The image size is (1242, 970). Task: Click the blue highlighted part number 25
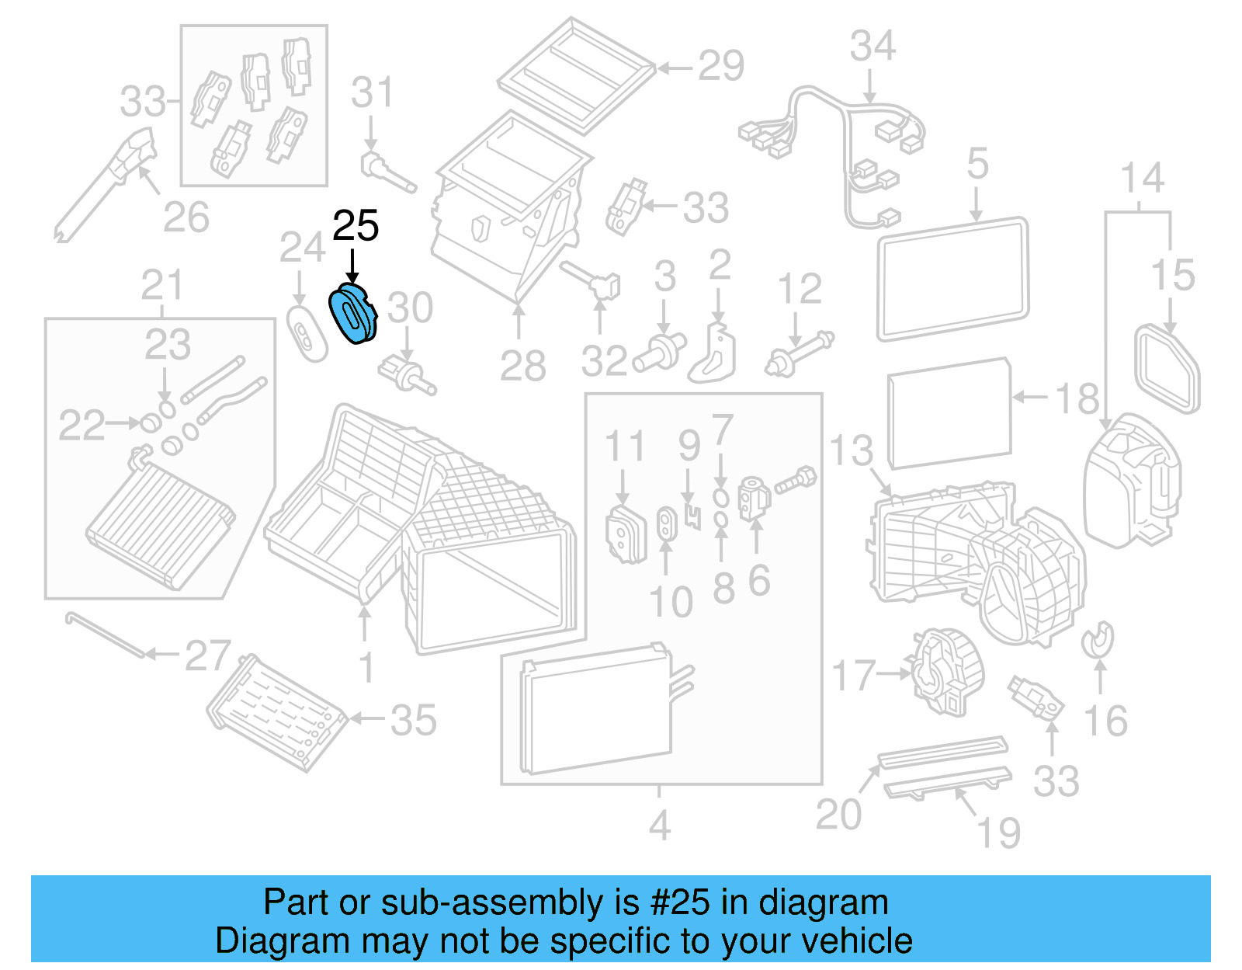point(353,315)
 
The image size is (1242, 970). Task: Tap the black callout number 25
point(356,226)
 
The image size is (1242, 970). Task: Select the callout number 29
point(720,66)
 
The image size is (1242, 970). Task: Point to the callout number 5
point(977,165)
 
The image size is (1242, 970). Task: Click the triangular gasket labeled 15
point(1167,369)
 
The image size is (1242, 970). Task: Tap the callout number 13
point(851,450)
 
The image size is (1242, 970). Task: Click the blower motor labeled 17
point(945,672)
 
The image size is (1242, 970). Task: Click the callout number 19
point(997,833)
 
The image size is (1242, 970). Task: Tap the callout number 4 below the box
point(659,826)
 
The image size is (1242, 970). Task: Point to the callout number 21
point(161,286)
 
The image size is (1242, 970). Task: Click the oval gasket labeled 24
point(306,334)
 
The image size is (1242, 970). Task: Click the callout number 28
point(522,366)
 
